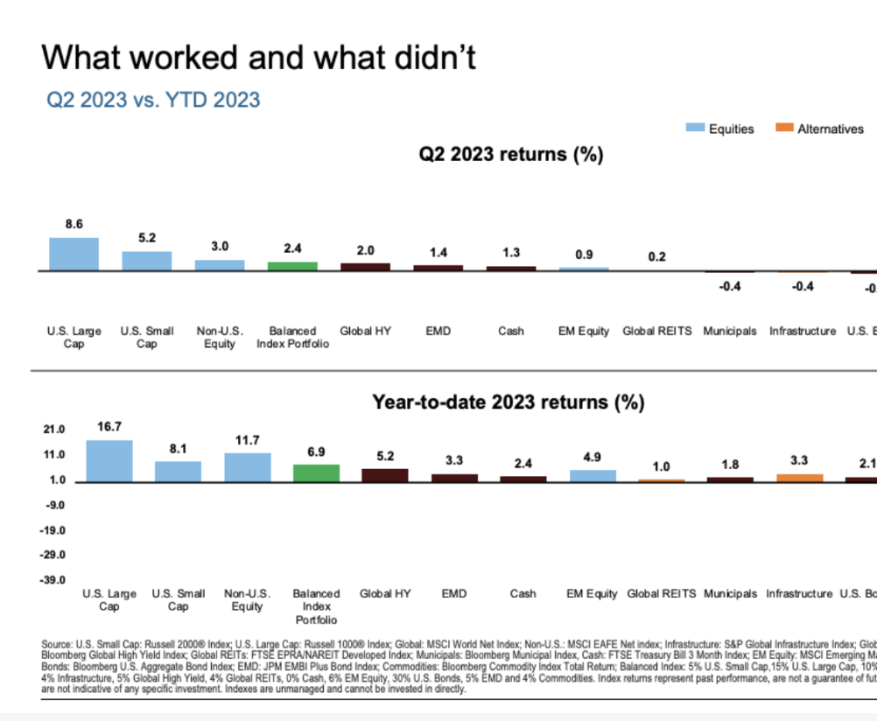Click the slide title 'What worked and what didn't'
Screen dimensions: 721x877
(x=258, y=58)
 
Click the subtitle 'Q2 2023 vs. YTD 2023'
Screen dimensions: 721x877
(x=153, y=100)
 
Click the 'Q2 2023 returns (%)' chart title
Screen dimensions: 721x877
(x=511, y=155)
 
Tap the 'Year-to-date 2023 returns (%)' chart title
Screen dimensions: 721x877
(x=508, y=402)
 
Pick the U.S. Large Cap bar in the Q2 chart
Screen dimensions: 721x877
(x=74, y=255)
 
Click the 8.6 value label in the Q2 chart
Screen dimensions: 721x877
(x=74, y=225)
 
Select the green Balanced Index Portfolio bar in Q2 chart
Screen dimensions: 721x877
(x=292, y=266)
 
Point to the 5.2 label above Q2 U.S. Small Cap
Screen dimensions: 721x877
(x=147, y=238)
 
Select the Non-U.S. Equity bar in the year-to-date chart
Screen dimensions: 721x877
(x=248, y=467)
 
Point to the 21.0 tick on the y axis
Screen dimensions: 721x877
(x=54, y=430)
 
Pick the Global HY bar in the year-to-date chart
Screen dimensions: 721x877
(x=385, y=475)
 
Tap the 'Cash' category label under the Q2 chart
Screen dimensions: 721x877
(x=511, y=332)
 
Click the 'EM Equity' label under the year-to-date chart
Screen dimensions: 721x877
(x=592, y=594)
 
